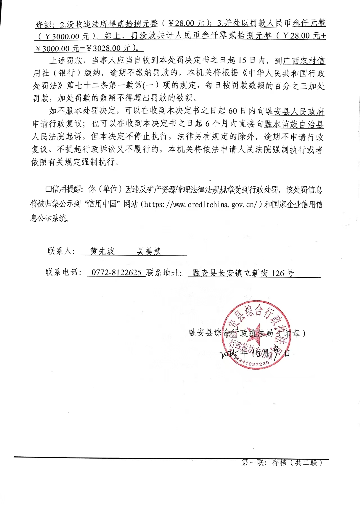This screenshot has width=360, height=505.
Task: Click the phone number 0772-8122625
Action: tap(116, 272)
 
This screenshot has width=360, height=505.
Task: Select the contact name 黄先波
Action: tap(102, 251)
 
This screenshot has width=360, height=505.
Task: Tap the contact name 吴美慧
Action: tap(149, 251)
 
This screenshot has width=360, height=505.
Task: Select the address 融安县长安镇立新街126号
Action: tap(243, 273)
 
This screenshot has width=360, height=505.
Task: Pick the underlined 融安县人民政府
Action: tap(294, 112)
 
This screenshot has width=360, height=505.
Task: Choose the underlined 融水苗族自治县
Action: tap(294, 124)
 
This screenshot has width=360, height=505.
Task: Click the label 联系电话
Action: tap(63, 272)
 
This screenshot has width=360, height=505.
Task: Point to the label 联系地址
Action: tap(164, 273)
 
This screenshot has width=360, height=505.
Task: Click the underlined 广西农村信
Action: tap(304, 61)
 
